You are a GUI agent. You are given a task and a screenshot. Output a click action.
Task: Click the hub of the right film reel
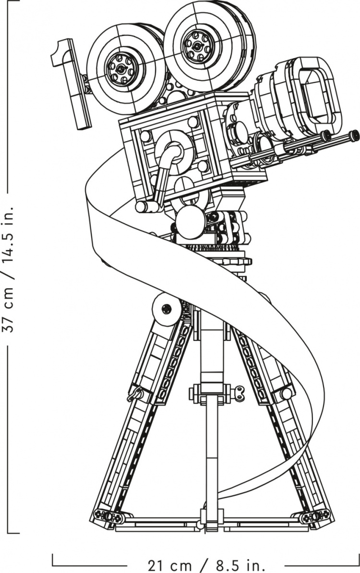(198, 45)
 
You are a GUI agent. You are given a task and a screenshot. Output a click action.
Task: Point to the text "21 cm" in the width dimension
(170, 566)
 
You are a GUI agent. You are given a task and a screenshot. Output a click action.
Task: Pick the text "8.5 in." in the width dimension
(240, 566)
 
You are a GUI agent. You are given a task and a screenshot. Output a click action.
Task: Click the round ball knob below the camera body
(191, 222)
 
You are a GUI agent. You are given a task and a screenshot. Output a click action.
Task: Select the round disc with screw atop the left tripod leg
(167, 309)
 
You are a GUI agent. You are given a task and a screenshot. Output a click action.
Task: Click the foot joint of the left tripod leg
(108, 516)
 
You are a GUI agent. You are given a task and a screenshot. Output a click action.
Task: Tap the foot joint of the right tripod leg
(314, 516)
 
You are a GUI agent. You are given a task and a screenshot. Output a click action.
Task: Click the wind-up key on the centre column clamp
(240, 393)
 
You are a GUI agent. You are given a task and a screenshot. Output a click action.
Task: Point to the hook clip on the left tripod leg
(135, 394)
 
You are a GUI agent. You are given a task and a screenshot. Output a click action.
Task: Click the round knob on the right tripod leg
(287, 393)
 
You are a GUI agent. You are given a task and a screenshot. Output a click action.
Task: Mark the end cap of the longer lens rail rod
(354, 135)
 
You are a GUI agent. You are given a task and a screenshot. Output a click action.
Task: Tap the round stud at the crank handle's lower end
(141, 207)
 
